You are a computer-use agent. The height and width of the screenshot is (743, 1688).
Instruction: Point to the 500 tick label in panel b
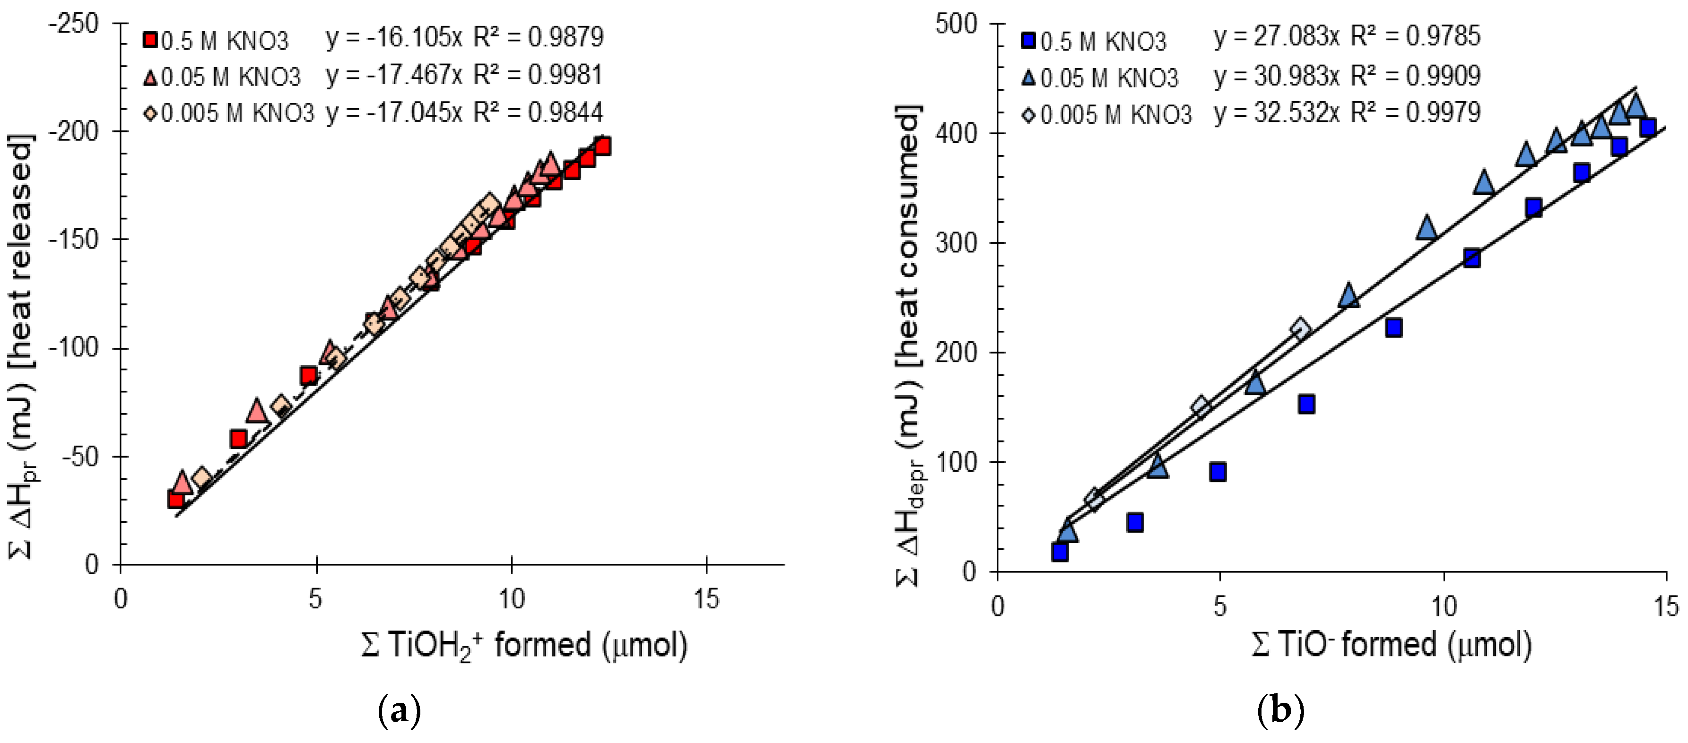[x=956, y=24]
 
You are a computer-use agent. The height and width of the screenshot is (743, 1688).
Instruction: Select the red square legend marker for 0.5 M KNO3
[x=150, y=41]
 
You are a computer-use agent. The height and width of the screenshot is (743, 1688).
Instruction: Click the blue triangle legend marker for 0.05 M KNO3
[x=1028, y=78]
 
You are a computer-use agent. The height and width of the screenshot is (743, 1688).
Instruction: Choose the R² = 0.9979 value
[x=1415, y=112]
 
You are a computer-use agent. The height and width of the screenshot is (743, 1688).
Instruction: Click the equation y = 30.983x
[x=1275, y=76]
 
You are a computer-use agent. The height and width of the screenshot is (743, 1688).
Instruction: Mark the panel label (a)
[x=399, y=709]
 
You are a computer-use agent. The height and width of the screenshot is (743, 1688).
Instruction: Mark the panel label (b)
[x=1280, y=709]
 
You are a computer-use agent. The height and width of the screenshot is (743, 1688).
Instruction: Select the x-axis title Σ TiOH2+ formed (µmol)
[x=524, y=645]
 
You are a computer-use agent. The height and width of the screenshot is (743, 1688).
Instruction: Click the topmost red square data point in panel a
[x=602, y=146]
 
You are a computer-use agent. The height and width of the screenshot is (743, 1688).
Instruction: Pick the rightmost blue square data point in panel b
[x=1647, y=127]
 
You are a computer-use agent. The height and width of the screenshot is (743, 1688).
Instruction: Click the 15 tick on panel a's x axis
[x=706, y=599]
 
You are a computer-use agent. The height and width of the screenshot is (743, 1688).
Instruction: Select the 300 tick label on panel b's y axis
[x=956, y=243]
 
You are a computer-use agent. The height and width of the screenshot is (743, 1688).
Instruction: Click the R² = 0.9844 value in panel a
[x=537, y=112]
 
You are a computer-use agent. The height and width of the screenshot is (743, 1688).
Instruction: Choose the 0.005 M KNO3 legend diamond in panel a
[x=150, y=112]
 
